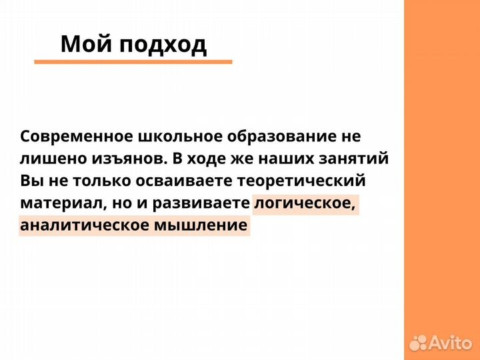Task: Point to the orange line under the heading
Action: [133, 62]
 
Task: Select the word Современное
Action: [76, 137]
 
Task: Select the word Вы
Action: [31, 181]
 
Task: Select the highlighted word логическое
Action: [305, 203]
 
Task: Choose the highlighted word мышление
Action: [201, 225]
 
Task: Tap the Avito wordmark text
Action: [452, 343]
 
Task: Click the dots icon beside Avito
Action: [419, 343]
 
